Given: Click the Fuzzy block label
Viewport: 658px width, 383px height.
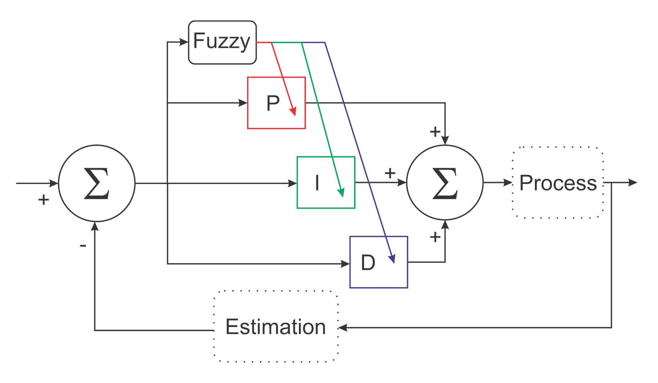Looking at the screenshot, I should [x=221, y=41].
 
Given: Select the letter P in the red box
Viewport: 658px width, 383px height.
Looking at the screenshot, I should [x=273, y=103].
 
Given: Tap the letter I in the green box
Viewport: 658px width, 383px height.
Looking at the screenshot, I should [x=317, y=183].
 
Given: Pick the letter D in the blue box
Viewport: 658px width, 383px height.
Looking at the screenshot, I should [x=368, y=262].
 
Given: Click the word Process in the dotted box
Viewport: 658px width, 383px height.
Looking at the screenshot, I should [x=558, y=183].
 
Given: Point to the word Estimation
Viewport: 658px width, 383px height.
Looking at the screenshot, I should [x=276, y=327].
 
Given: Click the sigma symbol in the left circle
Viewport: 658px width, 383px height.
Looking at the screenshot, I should [x=97, y=183].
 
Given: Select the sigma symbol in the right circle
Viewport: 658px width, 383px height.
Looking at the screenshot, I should [x=445, y=183].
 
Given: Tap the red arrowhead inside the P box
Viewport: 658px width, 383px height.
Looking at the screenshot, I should [x=293, y=111].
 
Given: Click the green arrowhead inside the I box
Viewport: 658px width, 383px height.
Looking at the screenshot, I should [x=341, y=192].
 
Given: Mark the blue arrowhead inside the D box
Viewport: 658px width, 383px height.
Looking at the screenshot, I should [x=392, y=259].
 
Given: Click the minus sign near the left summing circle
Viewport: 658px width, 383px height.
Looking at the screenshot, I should [x=83, y=245].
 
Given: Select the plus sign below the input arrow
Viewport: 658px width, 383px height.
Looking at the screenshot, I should [x=44, y=200].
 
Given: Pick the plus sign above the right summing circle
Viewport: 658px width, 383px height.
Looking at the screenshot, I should [x=435, y=131].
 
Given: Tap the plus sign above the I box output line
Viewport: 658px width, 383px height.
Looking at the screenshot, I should [x=390, y=173].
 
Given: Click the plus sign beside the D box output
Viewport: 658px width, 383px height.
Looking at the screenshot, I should [x=435, y=237].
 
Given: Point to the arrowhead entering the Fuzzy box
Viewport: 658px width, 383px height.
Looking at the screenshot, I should [x=184, y=42].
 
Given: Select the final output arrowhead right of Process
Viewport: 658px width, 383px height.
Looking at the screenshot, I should [x=632, y=183].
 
